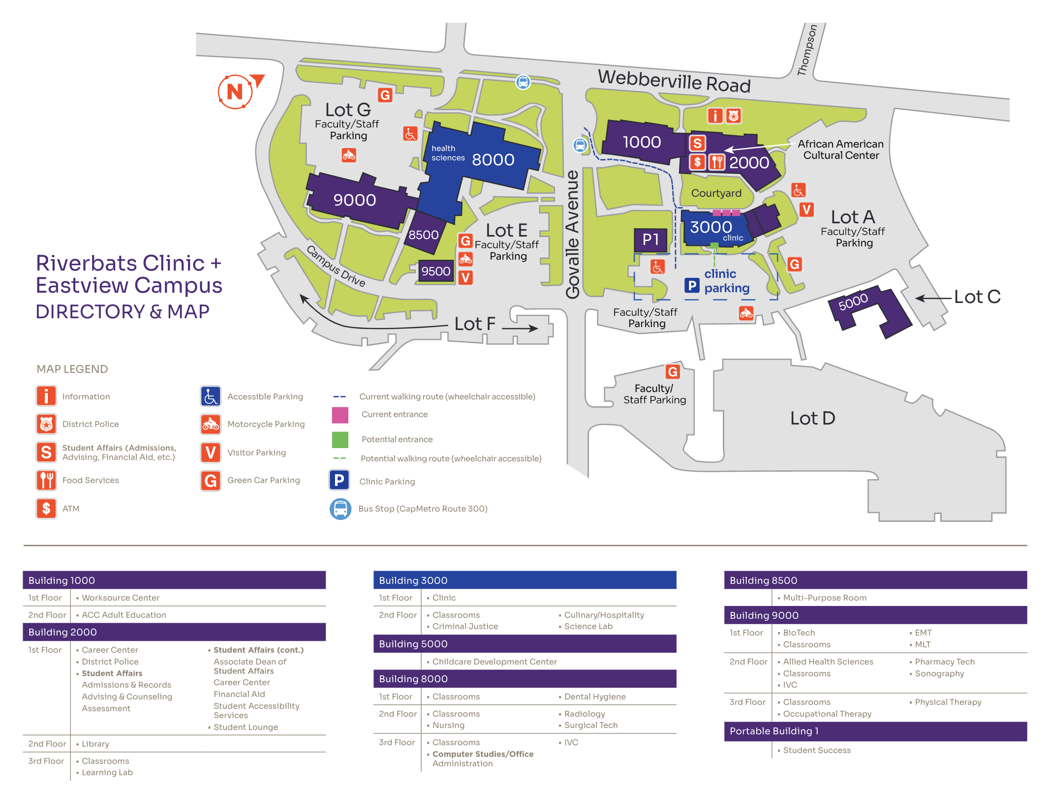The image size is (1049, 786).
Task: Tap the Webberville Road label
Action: click(674, 81)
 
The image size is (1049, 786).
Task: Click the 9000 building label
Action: click(355, 200)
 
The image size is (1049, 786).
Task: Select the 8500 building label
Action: click(424, 235)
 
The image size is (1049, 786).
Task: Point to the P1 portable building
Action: click(650, 240)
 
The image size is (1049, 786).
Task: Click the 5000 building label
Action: click(853, 301)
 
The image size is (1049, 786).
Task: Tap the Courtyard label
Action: click(716, 193)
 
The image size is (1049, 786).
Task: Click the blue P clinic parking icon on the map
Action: click(692, 285)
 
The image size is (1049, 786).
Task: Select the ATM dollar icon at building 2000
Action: click(697, 162)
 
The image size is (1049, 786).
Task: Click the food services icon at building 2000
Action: click(717, 162)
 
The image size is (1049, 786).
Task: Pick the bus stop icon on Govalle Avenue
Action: click(580, 145)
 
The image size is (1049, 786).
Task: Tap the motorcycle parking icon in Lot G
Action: click(349, 155)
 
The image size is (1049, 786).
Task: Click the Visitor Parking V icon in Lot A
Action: click(806, 210)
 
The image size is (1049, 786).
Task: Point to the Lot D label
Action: click(813, 419)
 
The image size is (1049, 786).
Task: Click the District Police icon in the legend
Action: click(46, 423)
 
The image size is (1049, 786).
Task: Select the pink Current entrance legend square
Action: click(340, 415)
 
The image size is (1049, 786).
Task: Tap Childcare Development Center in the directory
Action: click(494, 662)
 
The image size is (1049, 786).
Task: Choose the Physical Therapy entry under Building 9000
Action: click(948, 702)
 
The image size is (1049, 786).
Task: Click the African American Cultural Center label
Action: click(841, 150)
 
